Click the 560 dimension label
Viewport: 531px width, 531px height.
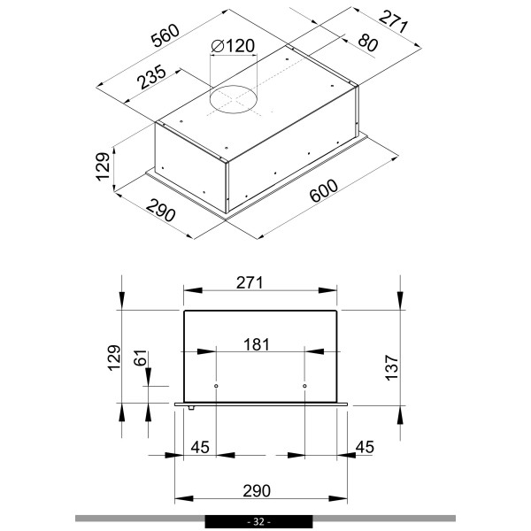click(165, 35)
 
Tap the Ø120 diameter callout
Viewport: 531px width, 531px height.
click(233, 46)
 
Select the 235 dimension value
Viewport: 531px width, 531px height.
click(152, 77)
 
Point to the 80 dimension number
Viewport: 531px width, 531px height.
click(368, 42)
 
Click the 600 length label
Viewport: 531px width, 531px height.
click(324, 190)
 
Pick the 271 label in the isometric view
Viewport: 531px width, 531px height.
click(393, 22)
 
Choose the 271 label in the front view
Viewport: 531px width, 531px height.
click(250, 283)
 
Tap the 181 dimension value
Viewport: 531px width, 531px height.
click(257, 345)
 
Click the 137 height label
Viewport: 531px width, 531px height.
click(391, 367)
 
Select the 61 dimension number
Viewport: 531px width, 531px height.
click(140, 358)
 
